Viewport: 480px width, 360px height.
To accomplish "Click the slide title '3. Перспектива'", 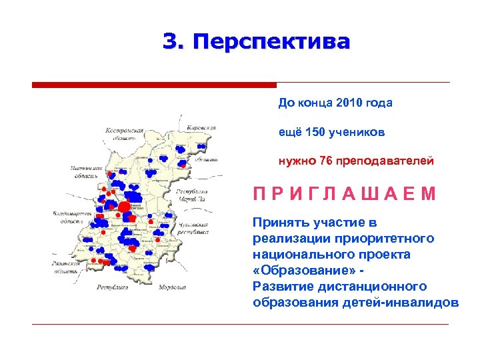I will [x=256, y=42].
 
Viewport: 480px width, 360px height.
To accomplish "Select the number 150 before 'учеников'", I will [x=315, y=132].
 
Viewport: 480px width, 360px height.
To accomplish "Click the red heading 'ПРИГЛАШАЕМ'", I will [x=345, y=194].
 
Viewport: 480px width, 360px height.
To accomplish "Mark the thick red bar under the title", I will [x=154, y=85].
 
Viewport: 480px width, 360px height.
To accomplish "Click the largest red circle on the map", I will [x=125, y=206].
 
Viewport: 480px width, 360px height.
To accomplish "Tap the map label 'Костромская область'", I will [x=125, y=134].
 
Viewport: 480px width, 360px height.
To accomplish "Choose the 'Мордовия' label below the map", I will [x=171, y=287].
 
